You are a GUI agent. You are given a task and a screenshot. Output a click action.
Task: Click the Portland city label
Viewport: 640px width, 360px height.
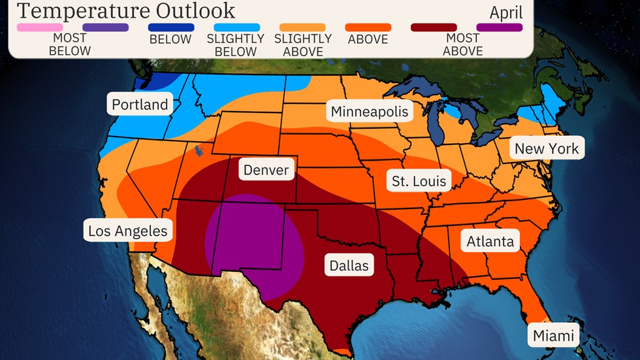[140, 105]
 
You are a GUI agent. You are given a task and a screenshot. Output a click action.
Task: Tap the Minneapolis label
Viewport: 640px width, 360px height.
[369, 112]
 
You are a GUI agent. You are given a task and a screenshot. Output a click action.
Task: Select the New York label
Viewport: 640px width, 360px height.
[547, 148]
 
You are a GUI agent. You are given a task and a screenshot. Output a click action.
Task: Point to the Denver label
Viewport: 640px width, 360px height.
[266, 171]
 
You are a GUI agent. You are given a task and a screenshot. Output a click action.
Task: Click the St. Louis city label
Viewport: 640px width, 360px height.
[419, 181]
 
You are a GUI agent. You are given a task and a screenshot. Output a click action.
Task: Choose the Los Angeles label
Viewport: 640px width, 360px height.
[128, 231]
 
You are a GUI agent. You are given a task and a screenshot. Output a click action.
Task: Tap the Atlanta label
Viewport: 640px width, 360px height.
[490, 242]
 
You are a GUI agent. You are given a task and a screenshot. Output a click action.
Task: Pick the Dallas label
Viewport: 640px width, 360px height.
[349, 265]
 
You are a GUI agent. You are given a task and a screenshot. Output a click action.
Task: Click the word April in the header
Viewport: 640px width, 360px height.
[505, 12]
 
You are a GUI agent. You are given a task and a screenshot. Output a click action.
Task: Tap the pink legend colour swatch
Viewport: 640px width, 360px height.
[40, 27]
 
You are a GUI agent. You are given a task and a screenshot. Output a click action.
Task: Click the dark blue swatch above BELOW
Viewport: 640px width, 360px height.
[170, 27]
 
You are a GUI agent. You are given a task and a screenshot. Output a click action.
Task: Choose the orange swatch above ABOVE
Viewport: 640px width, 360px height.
[368, 27]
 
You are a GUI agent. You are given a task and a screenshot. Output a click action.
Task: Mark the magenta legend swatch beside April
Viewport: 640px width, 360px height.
[500, 27]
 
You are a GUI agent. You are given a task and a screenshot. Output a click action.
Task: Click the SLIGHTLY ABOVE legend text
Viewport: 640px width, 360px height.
[302, 45]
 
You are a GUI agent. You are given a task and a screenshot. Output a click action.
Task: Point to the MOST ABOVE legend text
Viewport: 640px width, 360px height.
[462, 45]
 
